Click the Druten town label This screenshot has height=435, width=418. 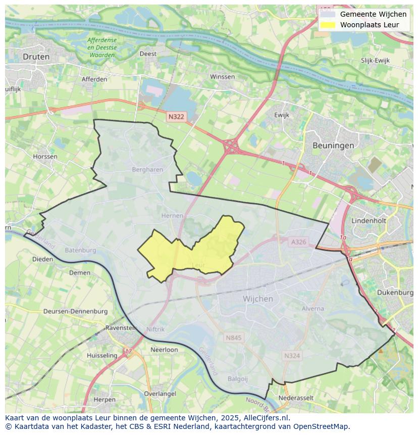tap(36, 57)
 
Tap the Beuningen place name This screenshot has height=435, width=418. tap(333, 145)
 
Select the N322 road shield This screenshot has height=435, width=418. tap(176, 116)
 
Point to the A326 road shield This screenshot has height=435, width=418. tap(298, 242)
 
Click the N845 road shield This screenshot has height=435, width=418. tap(234, 337)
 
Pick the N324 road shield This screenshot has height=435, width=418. tap(292, 356)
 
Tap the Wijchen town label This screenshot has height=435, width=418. tap(258, 299)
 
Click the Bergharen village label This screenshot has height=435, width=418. tap(147, 170)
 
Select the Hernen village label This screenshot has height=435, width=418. tap(172, 216)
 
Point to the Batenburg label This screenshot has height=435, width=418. tap(80, 250)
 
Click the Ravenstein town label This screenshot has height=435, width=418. tap(121, 327)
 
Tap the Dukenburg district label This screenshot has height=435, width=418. tap(395, 293)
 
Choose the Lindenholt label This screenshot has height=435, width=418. tap(369, 221)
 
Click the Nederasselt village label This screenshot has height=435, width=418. tap(296, 398)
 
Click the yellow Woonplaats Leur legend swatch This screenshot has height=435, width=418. tap(328, 25)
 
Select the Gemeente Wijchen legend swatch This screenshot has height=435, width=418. tap(328, 14)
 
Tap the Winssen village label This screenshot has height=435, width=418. tap(222, 77)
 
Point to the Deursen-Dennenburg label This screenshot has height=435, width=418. tap(75, 311)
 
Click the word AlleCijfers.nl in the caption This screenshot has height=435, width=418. tap(266, 418)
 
